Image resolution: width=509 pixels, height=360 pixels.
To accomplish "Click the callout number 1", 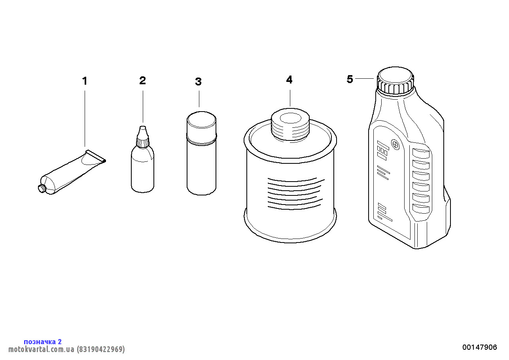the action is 85,81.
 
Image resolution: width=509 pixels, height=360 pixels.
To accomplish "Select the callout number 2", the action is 142,80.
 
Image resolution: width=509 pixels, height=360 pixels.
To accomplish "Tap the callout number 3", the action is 199,81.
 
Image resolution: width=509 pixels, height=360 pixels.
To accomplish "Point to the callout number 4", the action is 289,80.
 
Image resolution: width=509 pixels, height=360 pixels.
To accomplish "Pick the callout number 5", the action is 350,79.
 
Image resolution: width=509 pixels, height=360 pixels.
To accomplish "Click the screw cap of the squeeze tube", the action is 42,188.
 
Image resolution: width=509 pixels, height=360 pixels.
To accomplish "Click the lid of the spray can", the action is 201,125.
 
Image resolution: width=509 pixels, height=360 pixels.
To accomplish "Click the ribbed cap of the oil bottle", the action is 395,81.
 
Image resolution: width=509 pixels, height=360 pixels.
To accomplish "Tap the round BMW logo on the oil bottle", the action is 395,144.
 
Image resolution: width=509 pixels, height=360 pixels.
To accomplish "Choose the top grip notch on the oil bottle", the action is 421,153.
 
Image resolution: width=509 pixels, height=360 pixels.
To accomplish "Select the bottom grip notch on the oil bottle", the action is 421,208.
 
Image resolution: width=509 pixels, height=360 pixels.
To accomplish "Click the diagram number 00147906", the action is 480,347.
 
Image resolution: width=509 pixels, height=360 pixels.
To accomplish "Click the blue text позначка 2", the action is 43,341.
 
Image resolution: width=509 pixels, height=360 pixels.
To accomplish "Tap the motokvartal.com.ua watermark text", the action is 42,349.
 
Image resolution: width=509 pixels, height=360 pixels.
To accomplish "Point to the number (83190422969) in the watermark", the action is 101,349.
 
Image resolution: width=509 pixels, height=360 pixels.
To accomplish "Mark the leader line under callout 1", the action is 85,119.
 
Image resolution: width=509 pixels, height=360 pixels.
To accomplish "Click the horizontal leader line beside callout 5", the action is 365,79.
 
